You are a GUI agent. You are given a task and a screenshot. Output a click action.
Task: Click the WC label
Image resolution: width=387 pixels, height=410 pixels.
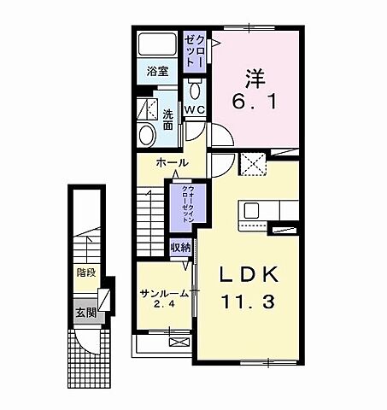point(195,109)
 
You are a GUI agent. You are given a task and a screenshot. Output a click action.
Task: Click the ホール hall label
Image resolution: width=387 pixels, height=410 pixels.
point(172,161)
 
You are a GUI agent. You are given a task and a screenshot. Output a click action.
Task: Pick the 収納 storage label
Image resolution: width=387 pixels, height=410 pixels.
point(179,247)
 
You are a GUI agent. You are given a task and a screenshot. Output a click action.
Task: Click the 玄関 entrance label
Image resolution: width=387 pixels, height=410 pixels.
point(84,312)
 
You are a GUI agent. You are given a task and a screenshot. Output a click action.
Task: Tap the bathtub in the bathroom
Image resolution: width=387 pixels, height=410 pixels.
point(158,44)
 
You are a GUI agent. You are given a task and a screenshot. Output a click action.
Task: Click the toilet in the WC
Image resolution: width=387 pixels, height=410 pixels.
point(195,91)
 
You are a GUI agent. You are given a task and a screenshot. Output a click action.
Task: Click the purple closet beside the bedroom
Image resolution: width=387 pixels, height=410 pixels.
point(195,53)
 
